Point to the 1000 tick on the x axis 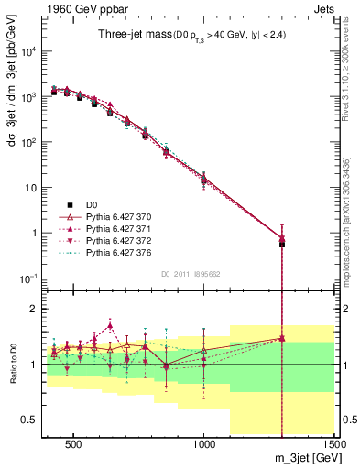204,442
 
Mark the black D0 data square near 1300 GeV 282,244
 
